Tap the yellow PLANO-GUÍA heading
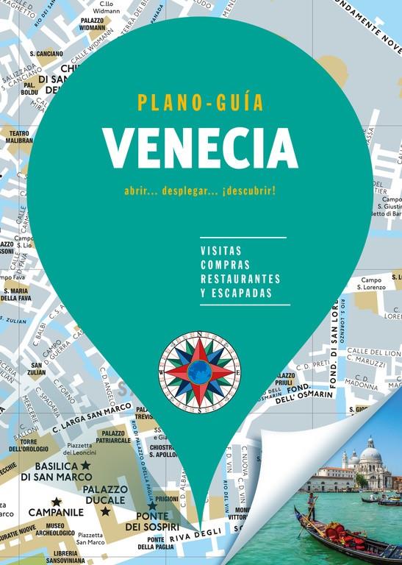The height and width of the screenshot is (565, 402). pos(200,102)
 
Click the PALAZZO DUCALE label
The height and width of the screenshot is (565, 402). pos(106,495)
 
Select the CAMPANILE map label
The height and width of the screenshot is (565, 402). pos(56,512)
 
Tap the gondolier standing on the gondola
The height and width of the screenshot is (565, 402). pos(312,505)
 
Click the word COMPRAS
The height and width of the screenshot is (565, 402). pos(224,264)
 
